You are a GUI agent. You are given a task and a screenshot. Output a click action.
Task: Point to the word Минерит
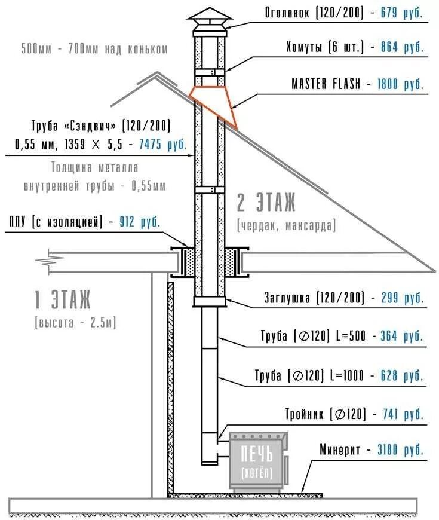coord(340,449)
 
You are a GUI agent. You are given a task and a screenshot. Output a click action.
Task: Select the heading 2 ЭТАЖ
coord(266,204)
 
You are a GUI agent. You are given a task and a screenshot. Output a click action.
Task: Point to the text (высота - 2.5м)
coord(76,323)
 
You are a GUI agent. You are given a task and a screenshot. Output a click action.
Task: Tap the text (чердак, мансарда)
coord(286,226)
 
